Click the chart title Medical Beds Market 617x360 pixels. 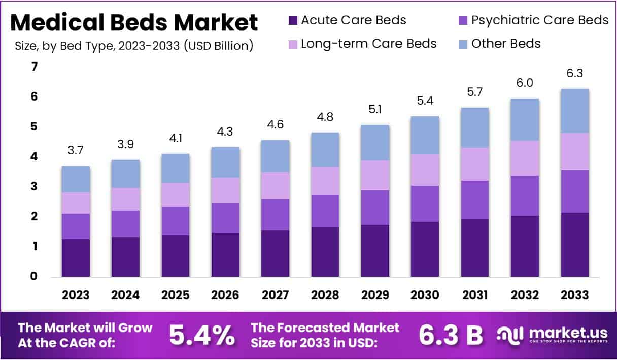pyautogui.click(x=134, y=23)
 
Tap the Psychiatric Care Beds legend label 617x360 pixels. pyautogui.click(x=540, y=20)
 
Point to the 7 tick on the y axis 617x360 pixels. pyautogui.click(x=34, y=67)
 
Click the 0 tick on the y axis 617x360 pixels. pyautogui.click(x=34, y=277)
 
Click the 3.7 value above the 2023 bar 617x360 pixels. pyautogui.click(x=76, y=151)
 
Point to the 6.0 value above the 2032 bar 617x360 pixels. pyautogui.click(x=525, y=83)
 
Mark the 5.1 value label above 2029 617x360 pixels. pyautogui.click(x=375, y=110)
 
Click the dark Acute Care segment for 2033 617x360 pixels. pyautogui.click(x=574, y=245)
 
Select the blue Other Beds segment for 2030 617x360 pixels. pyautogui.click(x=425, y=135)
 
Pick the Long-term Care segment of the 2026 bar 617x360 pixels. pyautogui.click(x=225, y=190)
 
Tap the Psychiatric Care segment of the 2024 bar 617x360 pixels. pyautogui.click(x=125, y=224)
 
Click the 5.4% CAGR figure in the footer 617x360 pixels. pyautogui.click(x=201, y=335)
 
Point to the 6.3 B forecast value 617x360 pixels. pyautogui.click(x=451, y=335)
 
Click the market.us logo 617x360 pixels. pyautogui.click(x=553, y=335)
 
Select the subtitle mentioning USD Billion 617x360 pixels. pyautogui.click(x=134, y=46)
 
